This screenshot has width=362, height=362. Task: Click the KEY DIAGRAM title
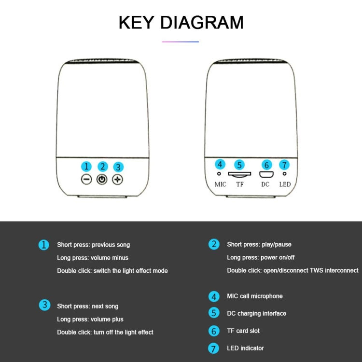(x=181, y=22)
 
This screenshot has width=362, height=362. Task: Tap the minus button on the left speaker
(x=86, y=180)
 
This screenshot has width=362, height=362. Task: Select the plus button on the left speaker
(x=117, y=180)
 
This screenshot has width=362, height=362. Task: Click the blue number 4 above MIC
(x=220, y=165)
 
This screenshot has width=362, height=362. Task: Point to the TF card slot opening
(x=239, y=174)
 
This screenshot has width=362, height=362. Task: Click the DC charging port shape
(x=266, y=174)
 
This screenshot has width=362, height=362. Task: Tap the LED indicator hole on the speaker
(x=284, y=173)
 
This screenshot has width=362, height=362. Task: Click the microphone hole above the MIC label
(x=219, y=173)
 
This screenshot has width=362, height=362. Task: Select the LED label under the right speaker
(x=285, y=184)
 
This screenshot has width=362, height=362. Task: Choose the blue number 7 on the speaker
(x=284, y=165)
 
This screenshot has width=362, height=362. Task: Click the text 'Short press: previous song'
(x=94, y=245)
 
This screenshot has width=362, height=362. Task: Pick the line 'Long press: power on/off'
(x=261, y=257)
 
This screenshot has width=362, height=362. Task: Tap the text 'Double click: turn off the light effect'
(x=105, y=332)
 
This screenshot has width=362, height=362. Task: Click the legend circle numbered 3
(x=44, y=305)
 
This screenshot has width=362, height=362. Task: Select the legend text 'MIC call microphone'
(x=255, y=296)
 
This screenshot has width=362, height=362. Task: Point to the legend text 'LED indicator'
(x=245, y=348)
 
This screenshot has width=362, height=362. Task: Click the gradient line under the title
(x=181, y=42)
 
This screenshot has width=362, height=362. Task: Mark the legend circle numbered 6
(x=214, y=331)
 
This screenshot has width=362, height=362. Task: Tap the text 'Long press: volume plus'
(x=90, y=320)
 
